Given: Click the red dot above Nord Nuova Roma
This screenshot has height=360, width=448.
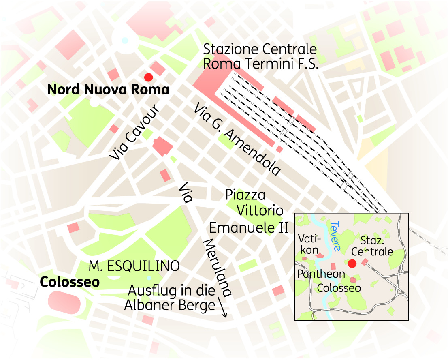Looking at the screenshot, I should [149, 77].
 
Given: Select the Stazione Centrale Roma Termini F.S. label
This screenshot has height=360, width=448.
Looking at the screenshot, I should [260, 57].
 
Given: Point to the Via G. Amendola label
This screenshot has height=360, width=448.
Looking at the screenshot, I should [237, 139].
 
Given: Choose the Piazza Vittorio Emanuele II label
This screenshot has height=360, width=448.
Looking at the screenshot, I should [249, 211].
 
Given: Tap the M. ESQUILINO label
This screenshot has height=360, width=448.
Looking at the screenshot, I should [134, 266].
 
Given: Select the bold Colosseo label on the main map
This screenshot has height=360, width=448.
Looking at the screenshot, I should [70, 282].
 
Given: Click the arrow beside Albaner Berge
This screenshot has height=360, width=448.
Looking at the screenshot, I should [222, 307].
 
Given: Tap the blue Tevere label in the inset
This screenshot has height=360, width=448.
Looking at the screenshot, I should [336, 236].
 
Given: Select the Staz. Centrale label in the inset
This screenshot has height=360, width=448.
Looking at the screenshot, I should [376, 246].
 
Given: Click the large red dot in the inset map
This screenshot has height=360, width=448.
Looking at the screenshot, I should [352, 264].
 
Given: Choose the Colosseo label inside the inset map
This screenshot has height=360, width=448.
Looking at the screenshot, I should [339, 288].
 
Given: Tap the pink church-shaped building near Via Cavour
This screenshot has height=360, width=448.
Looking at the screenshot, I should [162, 146].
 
